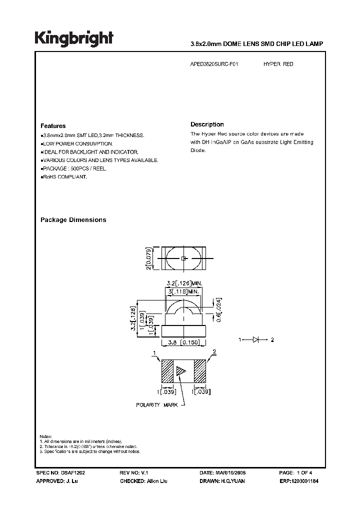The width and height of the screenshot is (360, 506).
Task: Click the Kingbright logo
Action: [74, 38]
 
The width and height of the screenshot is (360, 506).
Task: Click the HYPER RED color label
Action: [278, 65]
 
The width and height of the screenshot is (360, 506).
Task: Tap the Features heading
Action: [53, 126]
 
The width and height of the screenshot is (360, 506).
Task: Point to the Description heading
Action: [207, 124]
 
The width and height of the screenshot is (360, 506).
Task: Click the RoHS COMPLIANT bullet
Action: [64, 177]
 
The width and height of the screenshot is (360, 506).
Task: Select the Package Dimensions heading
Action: [73, 220]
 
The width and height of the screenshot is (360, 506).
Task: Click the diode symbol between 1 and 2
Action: [256, 340]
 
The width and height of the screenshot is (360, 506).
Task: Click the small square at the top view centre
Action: [183, 258]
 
